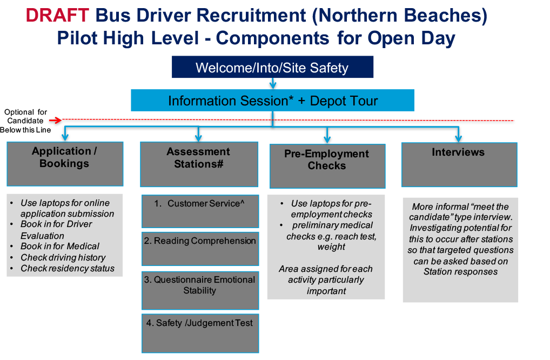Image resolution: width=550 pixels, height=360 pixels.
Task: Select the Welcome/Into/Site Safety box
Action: tap(272, 68)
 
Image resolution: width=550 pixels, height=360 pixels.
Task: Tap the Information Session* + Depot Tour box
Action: tap(272, 101)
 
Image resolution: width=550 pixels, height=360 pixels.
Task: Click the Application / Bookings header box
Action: tap(65, 163)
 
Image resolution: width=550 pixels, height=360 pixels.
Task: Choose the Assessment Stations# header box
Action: tap(198, 164)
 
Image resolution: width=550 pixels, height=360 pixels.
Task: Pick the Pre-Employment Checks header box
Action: tap(327, 165)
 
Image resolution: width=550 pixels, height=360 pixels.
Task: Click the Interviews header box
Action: tap(459, 164)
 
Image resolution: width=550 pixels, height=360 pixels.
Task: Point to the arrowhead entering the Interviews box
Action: tap(459, 138)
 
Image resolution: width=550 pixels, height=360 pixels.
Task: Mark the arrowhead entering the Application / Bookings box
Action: tap(65, 138)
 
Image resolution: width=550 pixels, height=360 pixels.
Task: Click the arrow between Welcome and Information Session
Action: tap(272, 83)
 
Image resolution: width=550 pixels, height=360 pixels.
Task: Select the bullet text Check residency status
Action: tap(68, 269)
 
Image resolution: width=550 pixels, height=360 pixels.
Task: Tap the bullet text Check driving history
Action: tap(63, 258)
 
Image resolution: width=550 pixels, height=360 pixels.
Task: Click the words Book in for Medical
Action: tap(60, 246)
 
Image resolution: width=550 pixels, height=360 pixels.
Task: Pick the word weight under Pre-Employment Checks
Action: tap(331, 247)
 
